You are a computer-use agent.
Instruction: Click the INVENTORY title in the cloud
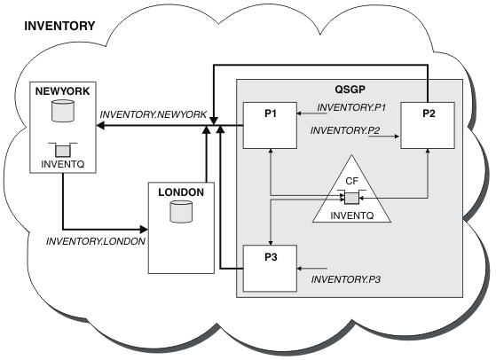(59, 26)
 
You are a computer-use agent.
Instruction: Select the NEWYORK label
(63, 91)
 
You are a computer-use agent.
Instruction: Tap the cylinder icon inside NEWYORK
(63, 111)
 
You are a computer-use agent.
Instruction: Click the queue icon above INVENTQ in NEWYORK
(63, 150)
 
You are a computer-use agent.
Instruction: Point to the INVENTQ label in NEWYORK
(63, 164)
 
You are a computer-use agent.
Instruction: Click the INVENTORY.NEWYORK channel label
(154, 114)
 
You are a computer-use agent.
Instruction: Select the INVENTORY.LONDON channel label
(96, 241)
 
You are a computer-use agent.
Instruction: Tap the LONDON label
(181, 192)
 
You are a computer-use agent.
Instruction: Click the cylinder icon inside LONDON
(181, 212)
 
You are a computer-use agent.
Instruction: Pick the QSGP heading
(350, 90)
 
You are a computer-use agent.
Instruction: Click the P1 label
(271, 113)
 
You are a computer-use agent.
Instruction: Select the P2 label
(429, 113)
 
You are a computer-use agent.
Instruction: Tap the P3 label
(271, 257)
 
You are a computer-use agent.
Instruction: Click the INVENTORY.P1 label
(351, 107)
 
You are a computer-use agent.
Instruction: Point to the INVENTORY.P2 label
(345, 130)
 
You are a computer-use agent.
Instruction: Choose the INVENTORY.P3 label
(346, 279)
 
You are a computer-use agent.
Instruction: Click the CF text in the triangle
(351, 181)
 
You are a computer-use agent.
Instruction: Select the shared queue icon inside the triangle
(351, 198)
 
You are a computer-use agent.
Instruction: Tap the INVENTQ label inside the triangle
(352, 215)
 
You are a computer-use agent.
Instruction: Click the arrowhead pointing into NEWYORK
(100, 126)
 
